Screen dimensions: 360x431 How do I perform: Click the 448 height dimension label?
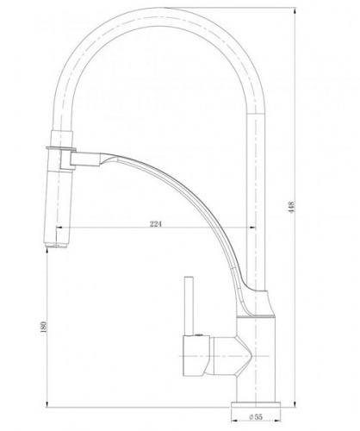292,208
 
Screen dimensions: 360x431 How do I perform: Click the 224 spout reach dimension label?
156,224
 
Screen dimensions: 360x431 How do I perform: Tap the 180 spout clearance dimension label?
44,328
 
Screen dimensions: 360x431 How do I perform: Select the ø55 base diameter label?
256,416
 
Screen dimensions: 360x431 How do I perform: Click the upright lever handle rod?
189,306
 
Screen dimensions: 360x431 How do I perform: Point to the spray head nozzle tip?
57,246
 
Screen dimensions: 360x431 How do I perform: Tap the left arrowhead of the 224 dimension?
59,228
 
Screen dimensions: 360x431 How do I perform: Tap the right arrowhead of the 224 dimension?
252,228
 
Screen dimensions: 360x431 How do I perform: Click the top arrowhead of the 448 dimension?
295,11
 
